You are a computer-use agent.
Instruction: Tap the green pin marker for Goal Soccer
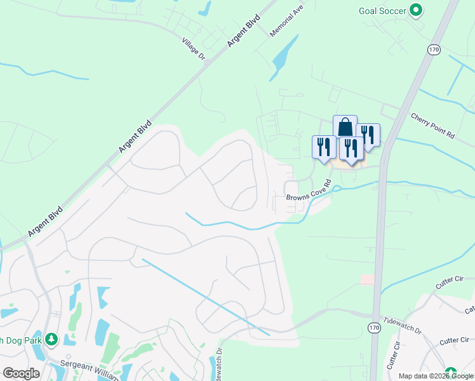coord(416,10)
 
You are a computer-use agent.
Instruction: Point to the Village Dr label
coord(194,49)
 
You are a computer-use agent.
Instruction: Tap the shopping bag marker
coord(345,126)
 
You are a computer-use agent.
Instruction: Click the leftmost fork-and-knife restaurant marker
coord(324,147)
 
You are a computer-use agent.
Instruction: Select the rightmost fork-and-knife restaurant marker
coord(368,134)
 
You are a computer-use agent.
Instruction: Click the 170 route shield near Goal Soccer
coord(434,50)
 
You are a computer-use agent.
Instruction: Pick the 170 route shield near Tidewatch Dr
coord(373,326)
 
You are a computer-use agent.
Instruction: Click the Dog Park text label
coord(20,340)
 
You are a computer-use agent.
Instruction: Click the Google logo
coord(21,373)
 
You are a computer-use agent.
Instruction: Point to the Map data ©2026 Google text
coord(436,376)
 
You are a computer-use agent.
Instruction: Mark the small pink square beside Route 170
coord(367,279)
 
